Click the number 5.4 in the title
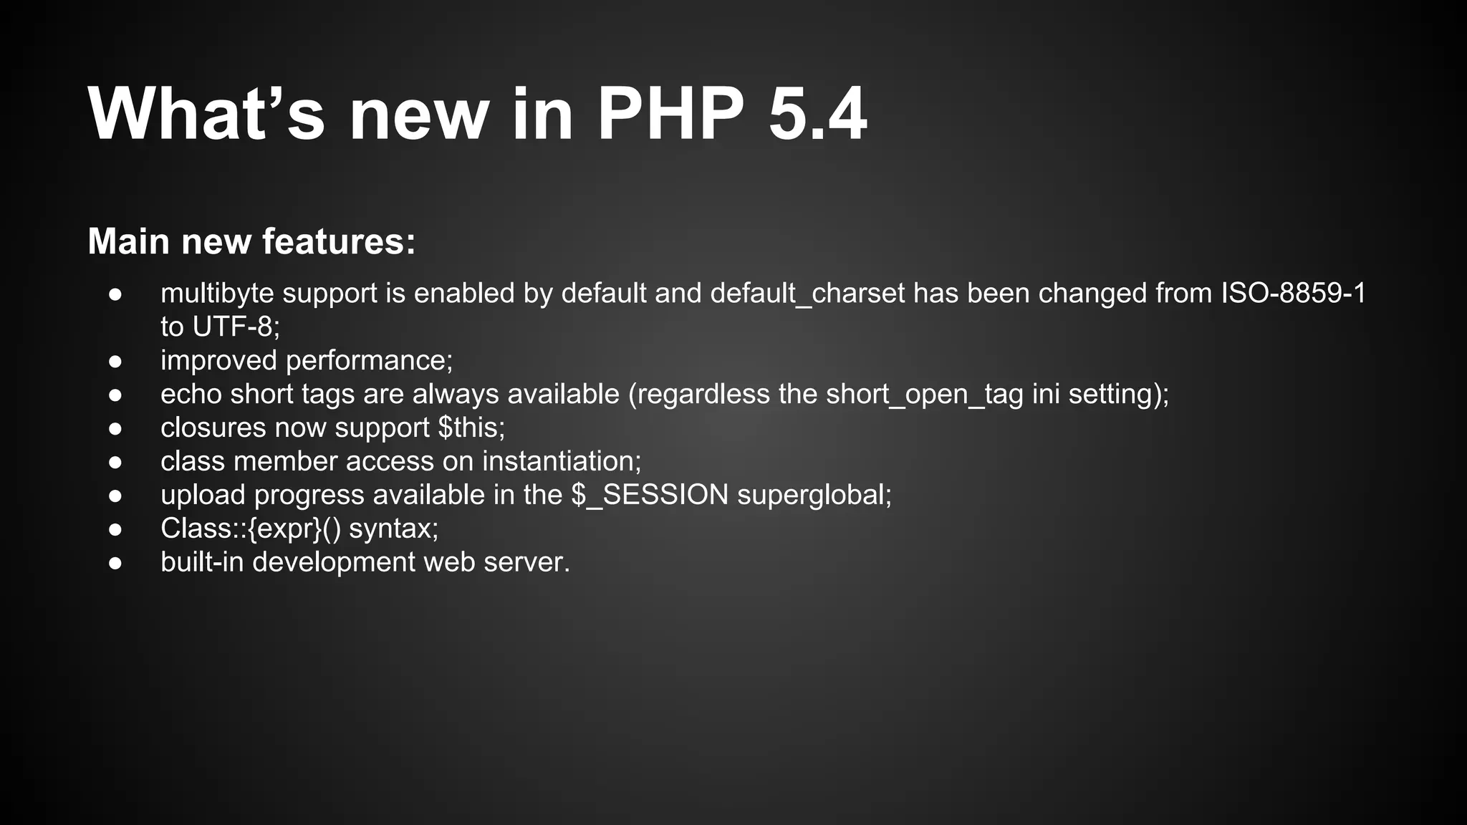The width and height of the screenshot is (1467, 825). (x=817, y=115)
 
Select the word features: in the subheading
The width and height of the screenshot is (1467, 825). (x=339, y=241)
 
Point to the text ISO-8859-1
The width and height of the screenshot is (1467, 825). (x=1294, y=293)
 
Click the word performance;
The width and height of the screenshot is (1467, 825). (x=370, y=360)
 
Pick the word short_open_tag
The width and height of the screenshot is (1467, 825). (x=925, y=394)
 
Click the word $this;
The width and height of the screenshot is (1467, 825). (x=471, y=428)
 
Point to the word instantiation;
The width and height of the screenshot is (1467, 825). (x=562, y=461)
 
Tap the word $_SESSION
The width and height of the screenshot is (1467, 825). (x=650, y=495)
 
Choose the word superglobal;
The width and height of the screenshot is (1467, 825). (x=814, y=495)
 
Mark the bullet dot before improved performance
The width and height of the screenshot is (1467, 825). (x=116, y=361)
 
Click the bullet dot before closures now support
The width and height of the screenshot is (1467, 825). (x=116, y=428)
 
